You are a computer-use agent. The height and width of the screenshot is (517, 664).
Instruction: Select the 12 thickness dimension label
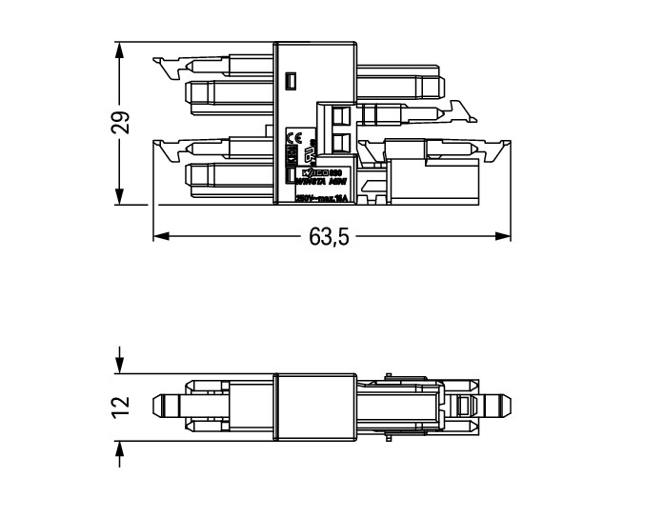pos(121,406)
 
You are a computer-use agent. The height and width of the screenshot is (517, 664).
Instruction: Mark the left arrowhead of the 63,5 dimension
pos(160,235)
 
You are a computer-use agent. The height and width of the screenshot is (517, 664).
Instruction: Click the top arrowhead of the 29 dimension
pos(119,49)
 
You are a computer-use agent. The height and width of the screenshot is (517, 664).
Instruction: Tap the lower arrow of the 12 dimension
pos(119,448)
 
